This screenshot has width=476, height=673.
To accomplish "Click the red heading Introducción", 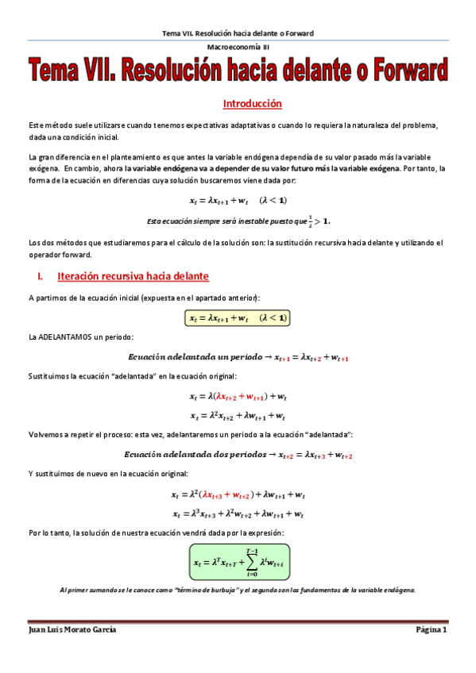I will click(252, 104).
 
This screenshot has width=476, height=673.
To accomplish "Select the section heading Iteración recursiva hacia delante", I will click(133, 276).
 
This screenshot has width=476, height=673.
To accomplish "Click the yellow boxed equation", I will click(238, 317).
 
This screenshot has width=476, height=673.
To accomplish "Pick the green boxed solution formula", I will click(238, 563).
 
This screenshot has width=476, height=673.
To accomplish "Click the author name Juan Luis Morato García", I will click(72, 629).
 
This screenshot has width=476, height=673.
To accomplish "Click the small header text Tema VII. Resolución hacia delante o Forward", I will click(238, 33).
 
